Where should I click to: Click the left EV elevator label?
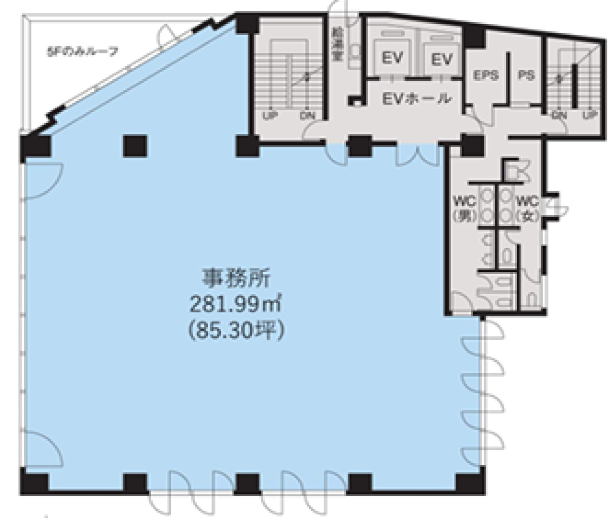pos(393,58)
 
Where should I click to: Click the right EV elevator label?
pos(442,59)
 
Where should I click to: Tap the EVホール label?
pos(416,99)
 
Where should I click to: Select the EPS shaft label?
pos(486,75)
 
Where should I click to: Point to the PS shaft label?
pos(526,75)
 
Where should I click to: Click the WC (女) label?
pos(528,208)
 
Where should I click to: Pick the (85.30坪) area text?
pos(236,330)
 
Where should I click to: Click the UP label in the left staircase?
pos(270,116)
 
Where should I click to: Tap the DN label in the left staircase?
pos(308,116)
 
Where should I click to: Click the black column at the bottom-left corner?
pos(34,481)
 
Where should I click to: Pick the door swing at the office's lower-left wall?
pos(40,447)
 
